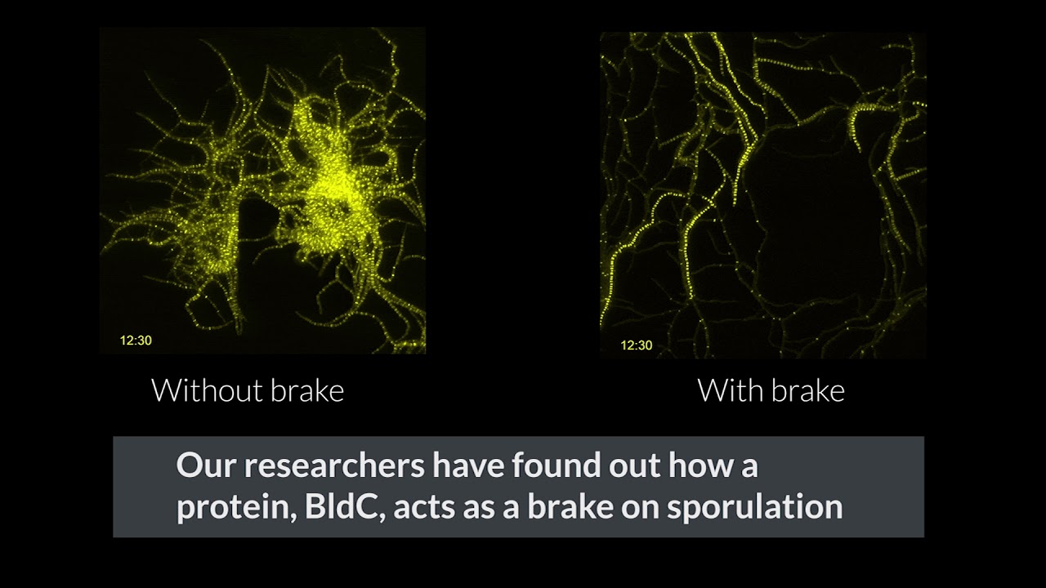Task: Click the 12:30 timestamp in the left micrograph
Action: [136, 341]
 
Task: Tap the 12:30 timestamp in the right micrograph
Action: [637, 345]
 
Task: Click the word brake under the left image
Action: [307, 390]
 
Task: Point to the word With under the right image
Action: [731, 390]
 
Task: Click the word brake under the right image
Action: [808, 390]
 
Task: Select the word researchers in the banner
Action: [335, 465]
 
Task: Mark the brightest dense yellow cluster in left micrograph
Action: [329, 187]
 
